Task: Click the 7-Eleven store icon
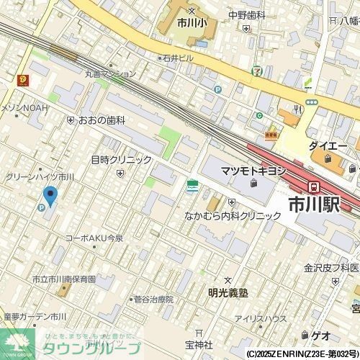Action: click(x=256, y=71)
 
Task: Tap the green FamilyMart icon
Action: click(x=192, y=186)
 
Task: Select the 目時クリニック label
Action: click(x=121, y=160)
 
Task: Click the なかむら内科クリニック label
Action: click(x=233, y=215)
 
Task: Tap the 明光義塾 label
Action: click(x=228, y=292)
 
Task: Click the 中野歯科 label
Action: click(x=247, y=15)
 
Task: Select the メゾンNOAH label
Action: click(x=24, y=107)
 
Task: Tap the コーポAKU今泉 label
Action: click(x=94, y=238)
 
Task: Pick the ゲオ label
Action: click(x=321, y=336)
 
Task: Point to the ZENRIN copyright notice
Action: click(x=302, y=354)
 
